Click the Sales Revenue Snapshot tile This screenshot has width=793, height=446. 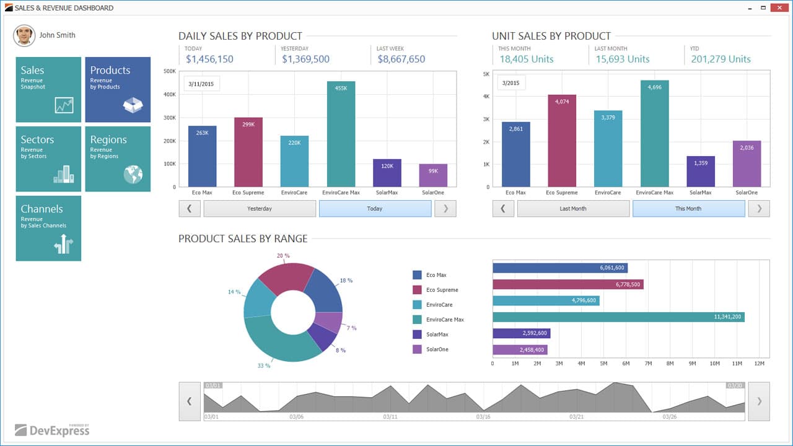[x=48, y=89]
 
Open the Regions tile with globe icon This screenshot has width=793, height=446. [x=118, y=159]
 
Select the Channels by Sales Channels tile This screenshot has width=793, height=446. [x=48, y=228]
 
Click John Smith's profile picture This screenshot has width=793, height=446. [x=24, y=36]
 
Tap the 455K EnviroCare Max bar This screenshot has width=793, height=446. [x=341, y=134]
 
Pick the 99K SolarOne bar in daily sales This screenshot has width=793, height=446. [x=433, y=175]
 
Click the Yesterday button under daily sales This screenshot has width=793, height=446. [x=260, y=209]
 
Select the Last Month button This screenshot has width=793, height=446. [x=573, y=209]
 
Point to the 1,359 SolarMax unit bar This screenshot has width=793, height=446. [x=701, y=172]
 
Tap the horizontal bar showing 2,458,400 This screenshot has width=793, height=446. [x=520, y=350]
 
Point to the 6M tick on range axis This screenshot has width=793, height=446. [x=626, y=364]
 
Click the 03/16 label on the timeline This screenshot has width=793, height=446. [x=483, y=417]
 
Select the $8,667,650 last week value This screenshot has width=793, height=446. [x=401, y=59]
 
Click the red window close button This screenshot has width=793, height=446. [x=779, y=7]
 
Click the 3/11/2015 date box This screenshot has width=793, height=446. [x=201, y=84]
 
